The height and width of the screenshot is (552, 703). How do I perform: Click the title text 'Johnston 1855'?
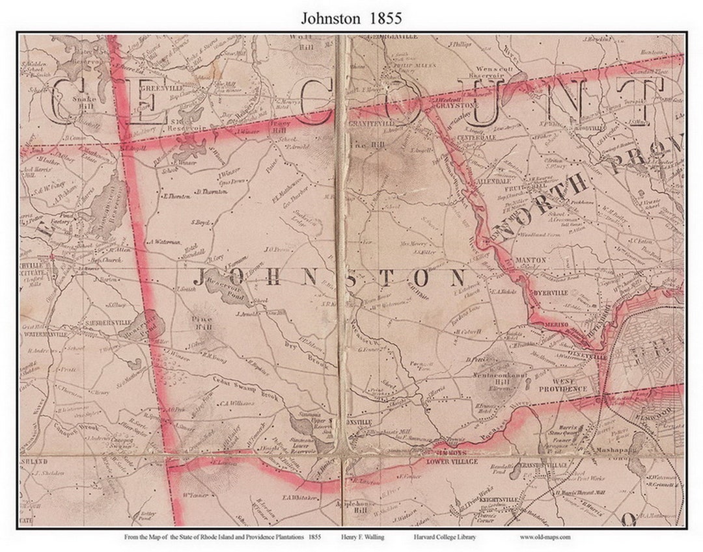(351, 18)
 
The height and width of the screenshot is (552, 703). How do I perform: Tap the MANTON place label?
(530, 259)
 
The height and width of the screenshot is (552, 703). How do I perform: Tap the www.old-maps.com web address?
(545, 537)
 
